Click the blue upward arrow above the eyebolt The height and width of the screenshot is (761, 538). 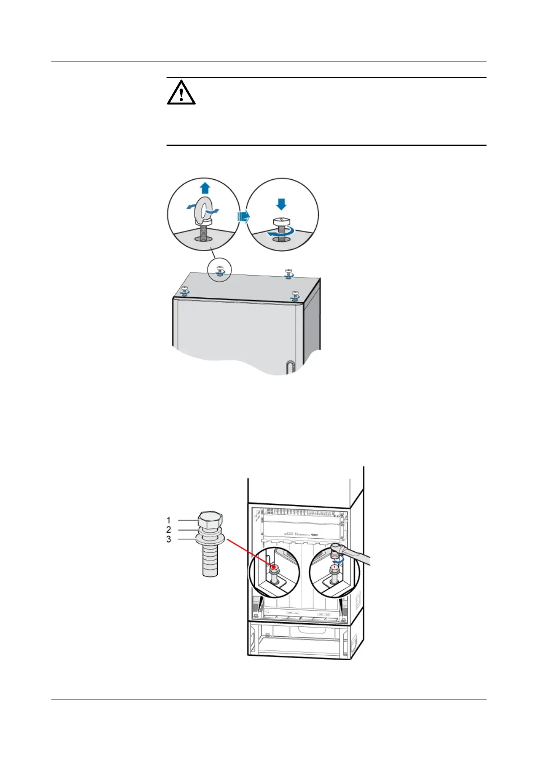(x=205, y=187)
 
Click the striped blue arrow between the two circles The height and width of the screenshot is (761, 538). (x=243, y=217)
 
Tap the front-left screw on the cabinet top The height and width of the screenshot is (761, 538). (x=185, y=290)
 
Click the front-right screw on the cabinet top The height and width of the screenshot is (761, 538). (x=295, y=296)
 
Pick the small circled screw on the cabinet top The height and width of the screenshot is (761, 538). (x=220, y=270)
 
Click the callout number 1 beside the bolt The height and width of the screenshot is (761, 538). (x=169, y=521)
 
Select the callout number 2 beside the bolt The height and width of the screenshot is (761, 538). (x=169, y=530)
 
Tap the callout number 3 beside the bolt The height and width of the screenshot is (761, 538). (x=169, y=539)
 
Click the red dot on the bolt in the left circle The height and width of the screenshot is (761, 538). (x=274, y=566)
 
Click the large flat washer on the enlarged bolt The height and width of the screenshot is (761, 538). (x=210, y=539)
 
